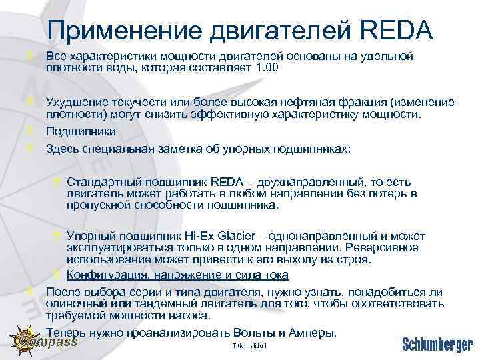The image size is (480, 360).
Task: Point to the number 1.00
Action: click(x=266, y=68)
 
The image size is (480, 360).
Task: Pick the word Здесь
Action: click(x=61, y=148)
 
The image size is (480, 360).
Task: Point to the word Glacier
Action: click(x=240, y=237)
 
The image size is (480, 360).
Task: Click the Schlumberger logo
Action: click(x=437, y=344)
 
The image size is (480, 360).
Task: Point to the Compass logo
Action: click(x=44, y=341)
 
